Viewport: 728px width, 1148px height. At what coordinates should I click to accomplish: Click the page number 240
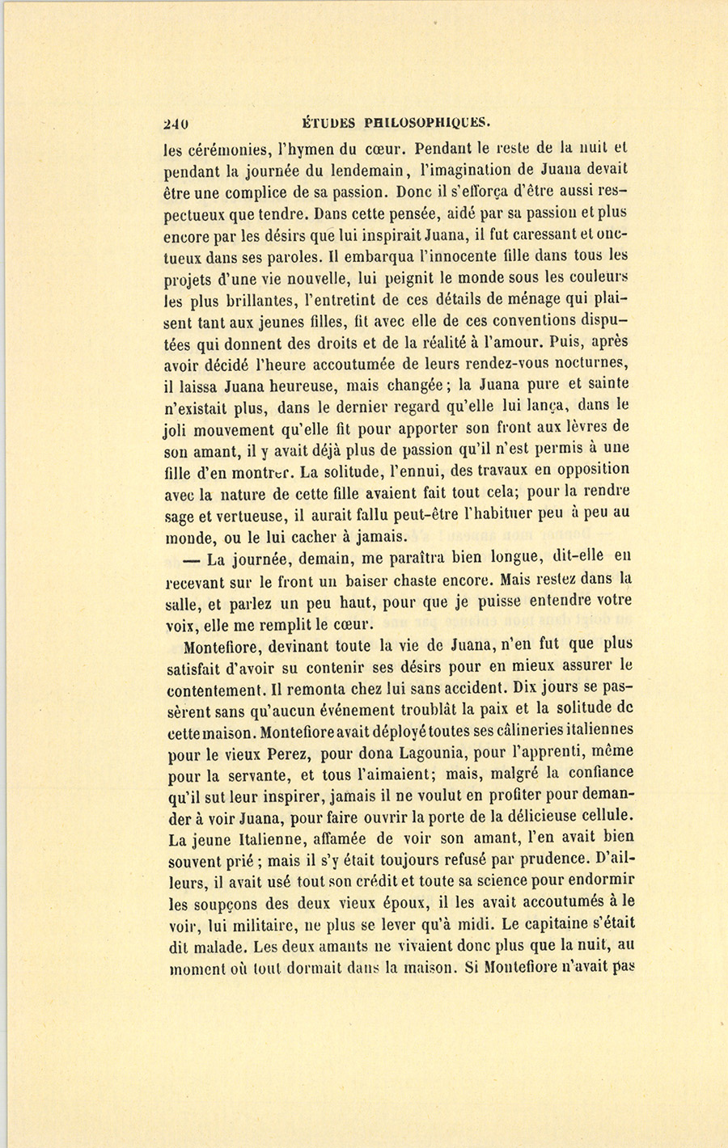tap(176, 124)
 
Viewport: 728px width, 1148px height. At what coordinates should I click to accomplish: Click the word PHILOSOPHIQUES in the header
tap(427, 124)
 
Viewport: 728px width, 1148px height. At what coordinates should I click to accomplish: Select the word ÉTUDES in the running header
tap(328, 124)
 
